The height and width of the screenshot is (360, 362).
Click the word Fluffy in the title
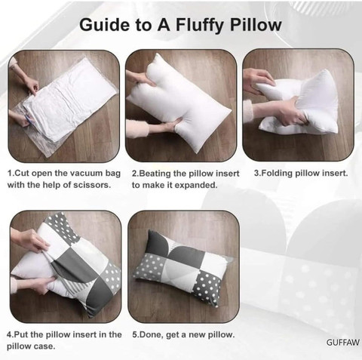pos(200,25)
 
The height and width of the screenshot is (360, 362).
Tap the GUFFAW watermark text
pos(343,343)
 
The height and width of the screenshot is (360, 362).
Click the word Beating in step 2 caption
pos(154,174)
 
